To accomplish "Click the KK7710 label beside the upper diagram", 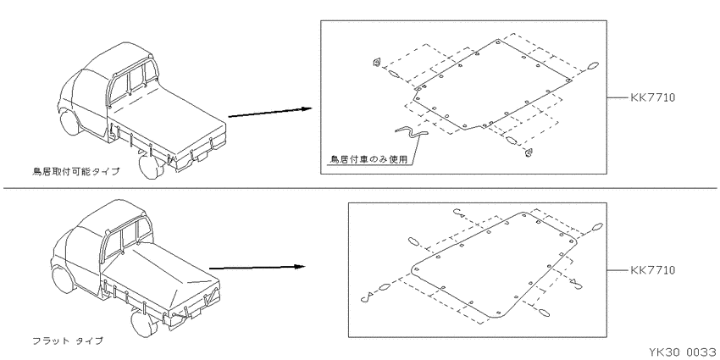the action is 652,97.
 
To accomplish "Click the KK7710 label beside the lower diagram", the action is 652,270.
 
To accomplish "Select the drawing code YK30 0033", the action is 684,352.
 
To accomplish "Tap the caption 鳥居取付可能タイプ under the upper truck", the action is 75,172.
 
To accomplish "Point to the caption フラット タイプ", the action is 68,341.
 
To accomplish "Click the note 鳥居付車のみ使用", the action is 368,159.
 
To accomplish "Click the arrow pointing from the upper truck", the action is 270,113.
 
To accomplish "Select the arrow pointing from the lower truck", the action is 258,267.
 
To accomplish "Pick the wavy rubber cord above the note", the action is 412,132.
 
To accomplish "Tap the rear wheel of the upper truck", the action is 151,166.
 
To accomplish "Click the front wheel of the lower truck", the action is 62,280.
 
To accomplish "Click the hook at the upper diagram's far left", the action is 377,63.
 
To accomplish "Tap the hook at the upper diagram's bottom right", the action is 529,153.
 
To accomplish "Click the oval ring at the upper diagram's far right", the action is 593,65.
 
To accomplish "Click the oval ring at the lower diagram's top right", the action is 597,226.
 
